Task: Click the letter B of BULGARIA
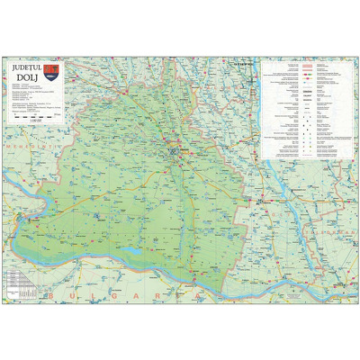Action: (x=55, y=294)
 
